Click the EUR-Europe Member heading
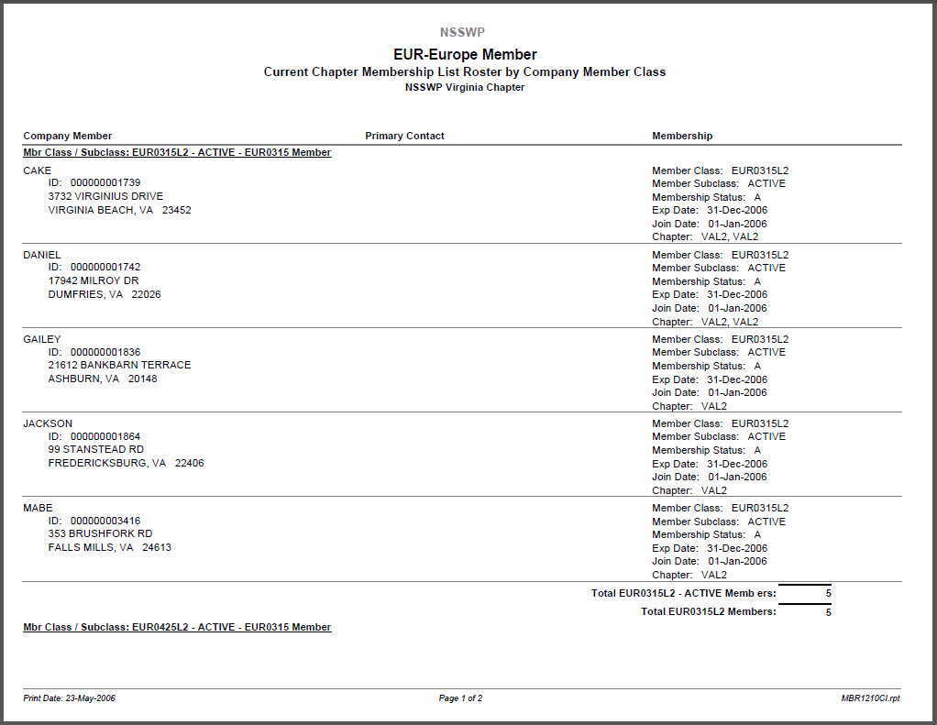click(x=465, y=54)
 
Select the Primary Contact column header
click(x=404, y=136)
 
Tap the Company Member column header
click(x=68, y=136)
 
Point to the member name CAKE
click(x=38, y=170)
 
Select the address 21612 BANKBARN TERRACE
click(x=119, y=365)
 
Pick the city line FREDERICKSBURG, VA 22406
click(x=126, y=463)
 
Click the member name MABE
click(x=38, y=508)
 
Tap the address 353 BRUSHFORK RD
click(x=100, y=533)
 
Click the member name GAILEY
click(x=42, y=339)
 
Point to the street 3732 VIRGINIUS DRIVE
click(x=105, y=196)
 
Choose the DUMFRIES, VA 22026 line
click(x=105, y=294)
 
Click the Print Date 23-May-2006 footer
click(x=70, y=698)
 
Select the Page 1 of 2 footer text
click(x=460, y=698)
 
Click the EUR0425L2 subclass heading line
click(x=177, y=627)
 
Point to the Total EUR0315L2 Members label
click(x=708, y=611)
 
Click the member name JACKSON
click(x=48, y=423)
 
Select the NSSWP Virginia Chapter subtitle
click(x=464, y=88)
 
